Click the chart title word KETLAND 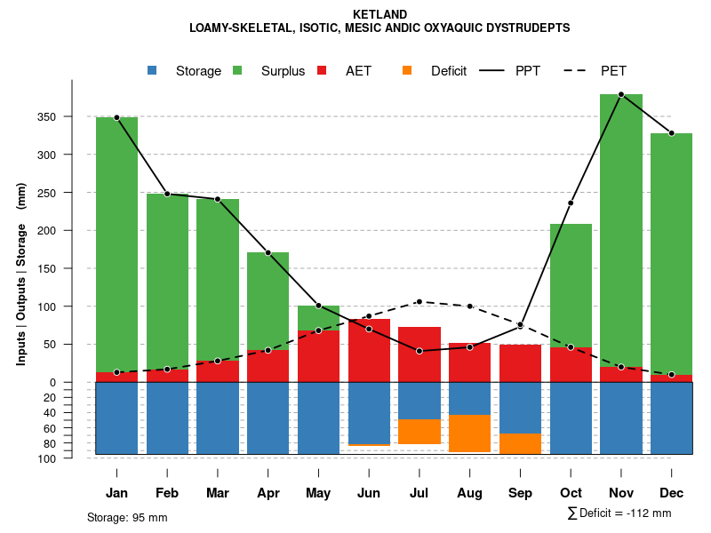pyautogui.click(x=379, y=14)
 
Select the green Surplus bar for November pyautogui.click(x=621, y=231)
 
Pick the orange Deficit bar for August pyautogui.click(x=470, y=434)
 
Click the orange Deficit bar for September pyautogui.click(x=521, y=443)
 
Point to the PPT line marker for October pyautogui.click(x=571, y=203)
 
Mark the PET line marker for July pyautogui.click(x=419, y=301)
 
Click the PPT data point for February pyautogui.click(x=167, y=194)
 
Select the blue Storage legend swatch pyautogui.click(x=153, y=70)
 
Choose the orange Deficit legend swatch pyautogui.click(x=408, y=70)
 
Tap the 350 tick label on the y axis pyautogui.click(x=72, y=117)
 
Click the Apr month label pyautogui.click(x=268, y=493)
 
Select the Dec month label pyautogui.click(x=672, y=493)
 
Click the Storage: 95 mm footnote pyautogui.click(x=127, y=517)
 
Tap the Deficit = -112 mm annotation pyautogui.click(x=619, y=513)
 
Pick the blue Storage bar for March pyautogui.click(x=218, y=418)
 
